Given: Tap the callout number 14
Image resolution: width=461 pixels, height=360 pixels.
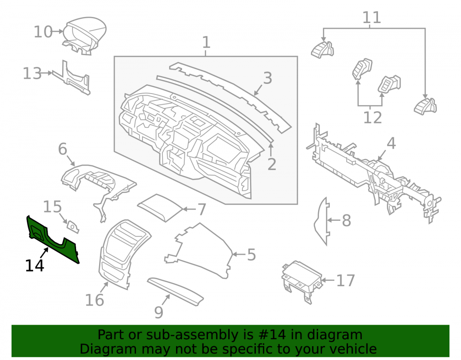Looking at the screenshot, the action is coord(35,266).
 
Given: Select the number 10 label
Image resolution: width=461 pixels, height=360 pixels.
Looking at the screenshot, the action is coord(43,32).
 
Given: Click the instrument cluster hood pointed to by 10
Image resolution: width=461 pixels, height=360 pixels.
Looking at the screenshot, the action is coord(84,35).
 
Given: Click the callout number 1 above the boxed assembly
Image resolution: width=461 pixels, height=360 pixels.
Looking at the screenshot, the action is coord(206,42).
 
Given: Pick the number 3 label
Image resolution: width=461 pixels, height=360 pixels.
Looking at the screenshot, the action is coord(267,78).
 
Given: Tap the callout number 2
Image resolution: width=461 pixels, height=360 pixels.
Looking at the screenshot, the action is coord(272,164).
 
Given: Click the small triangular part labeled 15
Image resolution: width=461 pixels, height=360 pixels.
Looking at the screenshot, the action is coord(73,227).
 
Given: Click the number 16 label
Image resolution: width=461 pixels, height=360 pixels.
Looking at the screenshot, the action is coord(95,300).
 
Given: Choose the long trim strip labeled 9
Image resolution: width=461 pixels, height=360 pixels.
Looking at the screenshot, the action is coord(176,291).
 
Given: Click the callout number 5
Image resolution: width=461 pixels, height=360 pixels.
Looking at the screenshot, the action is coord(251,255).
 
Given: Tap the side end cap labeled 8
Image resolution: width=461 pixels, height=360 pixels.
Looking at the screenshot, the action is coord(321,221).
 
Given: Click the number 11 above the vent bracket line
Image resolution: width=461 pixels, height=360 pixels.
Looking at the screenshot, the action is coord(372,18).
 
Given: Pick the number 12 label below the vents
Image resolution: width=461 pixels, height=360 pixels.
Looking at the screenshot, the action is coord(372,118).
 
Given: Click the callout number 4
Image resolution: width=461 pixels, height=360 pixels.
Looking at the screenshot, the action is coord(391,143).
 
